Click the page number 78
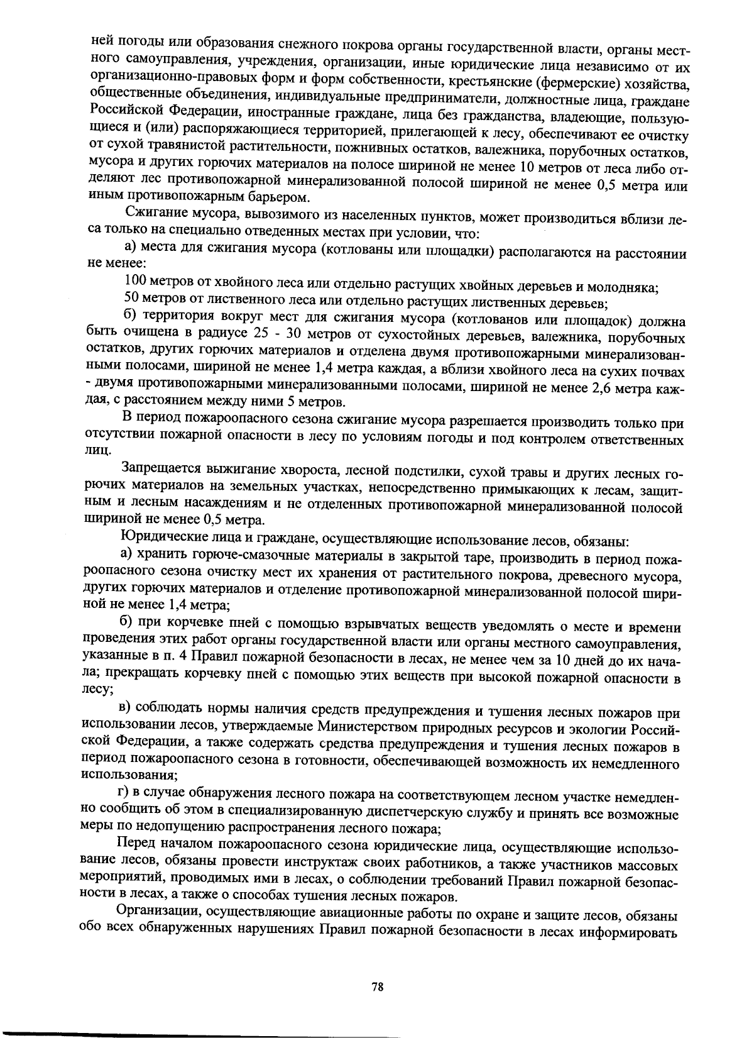[377, 986]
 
